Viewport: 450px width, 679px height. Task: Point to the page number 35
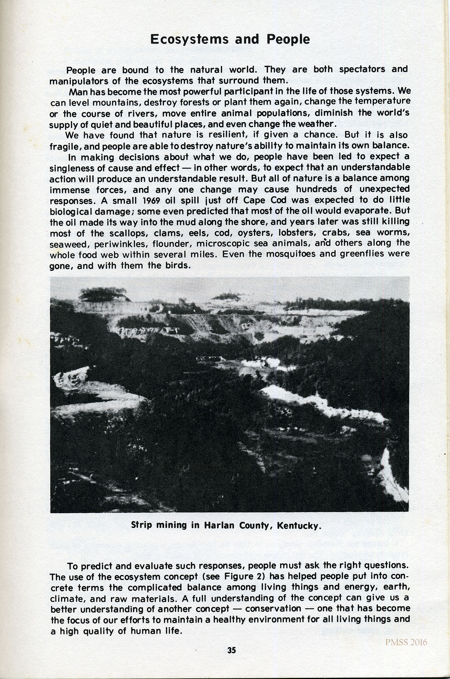(x=231, y=650)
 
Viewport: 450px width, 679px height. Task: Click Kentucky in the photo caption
(x=299, y=525)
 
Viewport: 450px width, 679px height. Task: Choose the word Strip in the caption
(x=142, y=525)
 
